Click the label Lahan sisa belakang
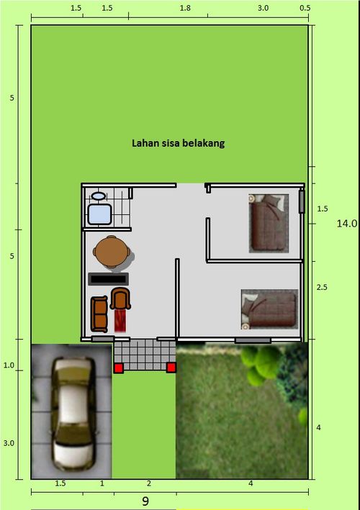pyautogui.click(x=178, y=143)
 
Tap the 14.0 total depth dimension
pyautogui.click(x=346, y=224)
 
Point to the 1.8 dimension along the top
pyautogui.click(x=184, y=9)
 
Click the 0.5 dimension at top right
pyautogui.click(x=305, y=9)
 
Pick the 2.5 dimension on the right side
pyautogui.click(x=322, y=287)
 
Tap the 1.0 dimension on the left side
pyautogui.click(x=9, y=365)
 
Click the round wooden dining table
pyautogui.click(x=112, y=251)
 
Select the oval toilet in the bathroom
pyautogui.click(x=98, y=195)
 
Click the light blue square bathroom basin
pyautogui.click(x=99, y=214)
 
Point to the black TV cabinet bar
pyautogui.click(x=108, y=278)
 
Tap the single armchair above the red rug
pyautogui.click(x=120, y=298)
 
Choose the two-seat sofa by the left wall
pyautogui.click(x=99, y=314)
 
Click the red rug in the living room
pyautogui.click(x=120, y=319)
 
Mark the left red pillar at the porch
pyautogui.click(x=118, y=368)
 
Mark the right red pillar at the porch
pyautogui.click(x=171, y=368)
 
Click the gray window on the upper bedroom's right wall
pyautogui.click(x=302, y=203)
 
